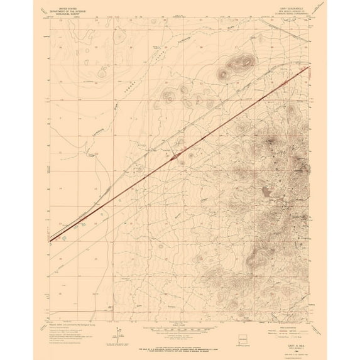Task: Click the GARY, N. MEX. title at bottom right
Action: click(286, 337)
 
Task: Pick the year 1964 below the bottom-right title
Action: click(286, 341)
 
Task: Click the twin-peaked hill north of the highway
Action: click(242, 62)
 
